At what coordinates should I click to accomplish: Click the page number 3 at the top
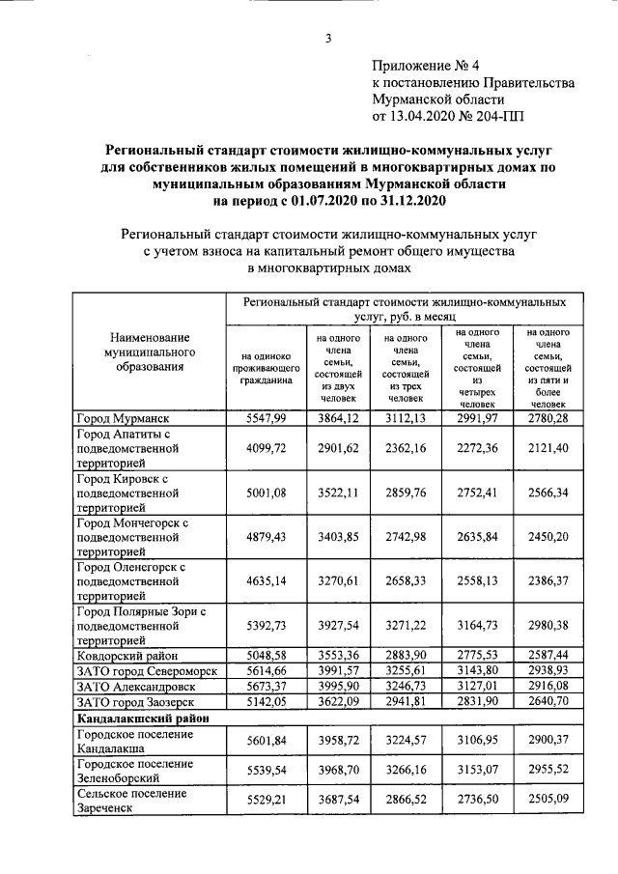click(x=327, y=39)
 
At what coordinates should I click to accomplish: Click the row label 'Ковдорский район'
click(x=128, y=654)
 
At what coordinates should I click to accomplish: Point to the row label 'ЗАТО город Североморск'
click(x=146, y=670)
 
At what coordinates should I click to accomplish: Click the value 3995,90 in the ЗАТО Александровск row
click(x=338, y=686)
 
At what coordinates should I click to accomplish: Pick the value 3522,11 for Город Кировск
click(x=338, y=493)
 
